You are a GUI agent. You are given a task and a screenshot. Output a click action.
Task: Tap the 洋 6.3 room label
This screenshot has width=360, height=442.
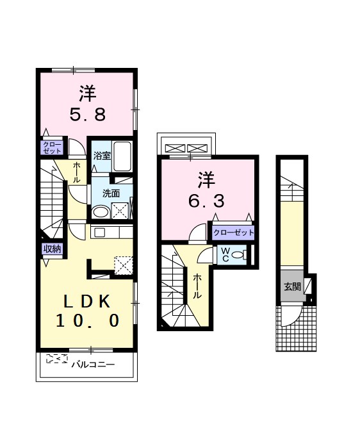point(206,190)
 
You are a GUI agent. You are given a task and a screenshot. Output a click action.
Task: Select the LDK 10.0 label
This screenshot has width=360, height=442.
point(87,311)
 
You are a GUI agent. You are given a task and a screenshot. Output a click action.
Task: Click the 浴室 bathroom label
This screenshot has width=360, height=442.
point(102,156)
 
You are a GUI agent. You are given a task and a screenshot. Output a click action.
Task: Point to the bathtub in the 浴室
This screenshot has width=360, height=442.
point(122,156)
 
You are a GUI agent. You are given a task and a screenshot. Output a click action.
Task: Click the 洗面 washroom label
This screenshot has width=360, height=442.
point(111,193)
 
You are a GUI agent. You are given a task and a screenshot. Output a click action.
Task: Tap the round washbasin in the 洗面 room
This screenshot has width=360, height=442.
point(101,212)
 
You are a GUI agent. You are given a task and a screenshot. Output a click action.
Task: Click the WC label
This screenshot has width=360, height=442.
point(225,255)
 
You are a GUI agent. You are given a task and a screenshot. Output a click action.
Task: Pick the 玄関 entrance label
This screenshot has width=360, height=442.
point(293,287)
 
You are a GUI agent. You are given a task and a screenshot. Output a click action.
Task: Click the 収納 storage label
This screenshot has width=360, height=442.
point(52,249)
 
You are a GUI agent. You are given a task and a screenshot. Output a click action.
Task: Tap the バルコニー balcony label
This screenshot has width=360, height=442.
point(94,364)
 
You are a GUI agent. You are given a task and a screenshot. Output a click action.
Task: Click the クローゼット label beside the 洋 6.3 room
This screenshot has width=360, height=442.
point(234,233)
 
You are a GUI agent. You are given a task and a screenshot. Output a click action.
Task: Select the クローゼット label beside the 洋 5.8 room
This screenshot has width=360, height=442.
point(52,148)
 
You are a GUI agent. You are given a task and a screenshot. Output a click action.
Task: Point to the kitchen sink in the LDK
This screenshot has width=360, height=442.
point(99,233)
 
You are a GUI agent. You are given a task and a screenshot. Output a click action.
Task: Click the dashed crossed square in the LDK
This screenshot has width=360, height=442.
point(123,265)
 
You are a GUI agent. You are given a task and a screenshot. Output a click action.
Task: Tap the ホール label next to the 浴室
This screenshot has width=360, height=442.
point(76,172)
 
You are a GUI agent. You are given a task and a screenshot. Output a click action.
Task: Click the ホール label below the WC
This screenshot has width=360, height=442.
point(197,286)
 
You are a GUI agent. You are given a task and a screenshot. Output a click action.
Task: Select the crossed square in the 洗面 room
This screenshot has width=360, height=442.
point(120,211)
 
